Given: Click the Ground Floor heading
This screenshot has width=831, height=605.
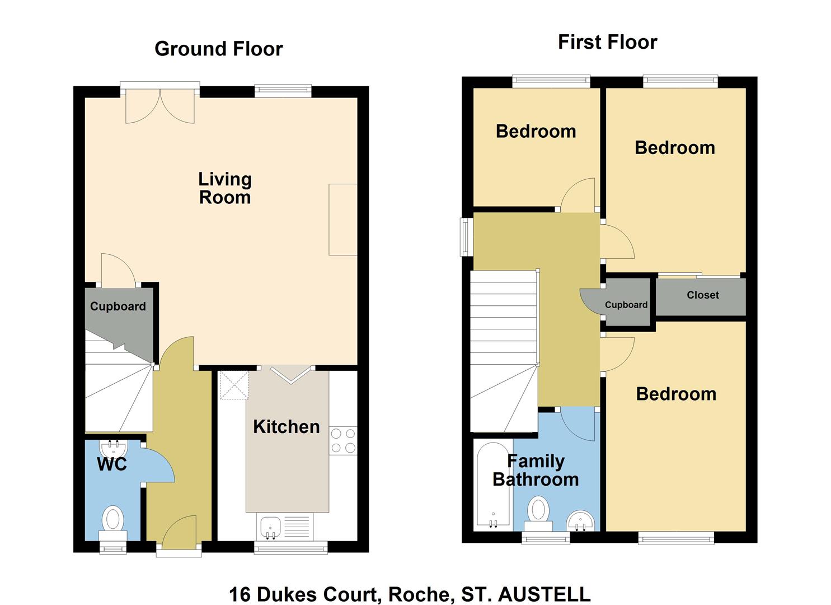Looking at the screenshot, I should [x=218, y=49].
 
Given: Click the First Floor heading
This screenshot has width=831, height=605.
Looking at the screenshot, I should [x=607, y=42].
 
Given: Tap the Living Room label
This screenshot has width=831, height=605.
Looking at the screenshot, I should [x=225, y=188].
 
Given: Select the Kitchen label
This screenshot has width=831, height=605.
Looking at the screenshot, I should [x=286, y=427].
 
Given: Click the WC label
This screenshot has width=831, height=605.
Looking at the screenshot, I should [x=112, y=464].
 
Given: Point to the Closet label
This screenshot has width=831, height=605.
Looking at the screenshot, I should [x=703, y=295].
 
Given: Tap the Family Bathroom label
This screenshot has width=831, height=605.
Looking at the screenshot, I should [x=536, y=471].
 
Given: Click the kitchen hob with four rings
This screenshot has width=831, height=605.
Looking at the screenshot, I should [x=343, y=440].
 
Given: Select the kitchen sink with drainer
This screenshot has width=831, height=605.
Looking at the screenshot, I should [x=284, y=527].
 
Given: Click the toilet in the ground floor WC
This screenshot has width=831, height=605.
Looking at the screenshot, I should [x=112, y=519].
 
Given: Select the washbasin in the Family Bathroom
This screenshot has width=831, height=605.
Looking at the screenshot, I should [x=580, y=520].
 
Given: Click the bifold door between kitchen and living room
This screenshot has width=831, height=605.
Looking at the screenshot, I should [x=291, y=375].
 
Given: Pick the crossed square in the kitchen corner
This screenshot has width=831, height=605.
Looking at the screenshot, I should [x=233, y=385].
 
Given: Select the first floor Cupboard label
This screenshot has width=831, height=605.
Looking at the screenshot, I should [x=626, y=305].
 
